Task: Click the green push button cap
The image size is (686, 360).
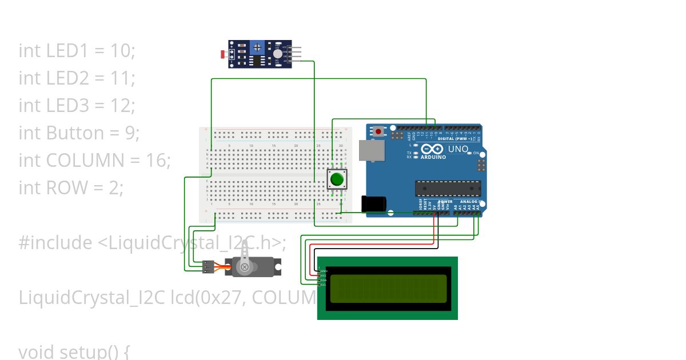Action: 336,179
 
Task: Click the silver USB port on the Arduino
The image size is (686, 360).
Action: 369,150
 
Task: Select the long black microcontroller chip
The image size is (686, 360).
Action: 448,188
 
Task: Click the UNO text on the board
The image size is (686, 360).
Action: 457,149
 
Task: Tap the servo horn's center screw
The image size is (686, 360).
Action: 245,267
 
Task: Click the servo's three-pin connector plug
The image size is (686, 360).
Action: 208,266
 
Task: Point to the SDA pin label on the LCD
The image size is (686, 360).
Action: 323,280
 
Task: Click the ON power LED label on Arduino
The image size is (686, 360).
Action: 476,153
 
